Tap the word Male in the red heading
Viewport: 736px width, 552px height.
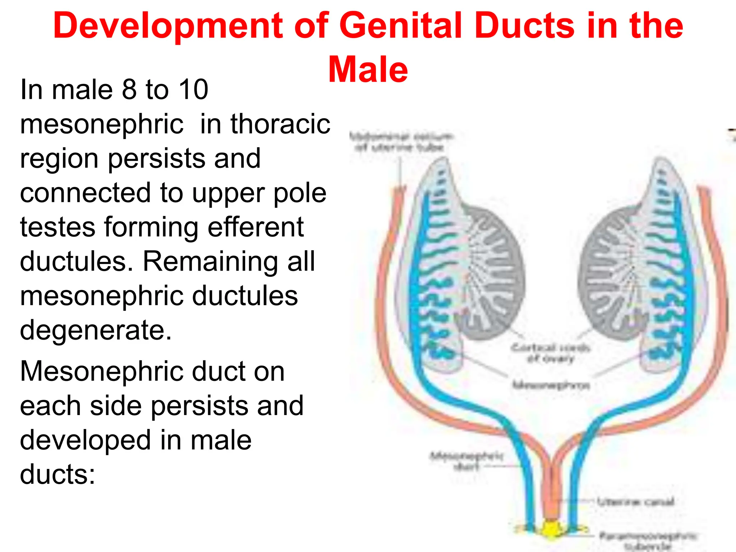tap(368, 70)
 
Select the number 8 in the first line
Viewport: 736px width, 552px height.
tap(129, 89)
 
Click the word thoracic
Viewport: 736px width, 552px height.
tap(280, 124)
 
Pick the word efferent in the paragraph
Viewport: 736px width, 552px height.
tap(256, 227)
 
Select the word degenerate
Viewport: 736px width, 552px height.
tap(96, 330)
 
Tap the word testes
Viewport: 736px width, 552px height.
tap(57, 227)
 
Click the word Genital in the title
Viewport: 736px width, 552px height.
tap(401, 26)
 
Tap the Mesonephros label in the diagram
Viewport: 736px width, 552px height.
tap(551, 385)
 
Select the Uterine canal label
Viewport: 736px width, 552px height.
tap(635, 502)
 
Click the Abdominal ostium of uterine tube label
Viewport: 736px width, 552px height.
tap(400, 142)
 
